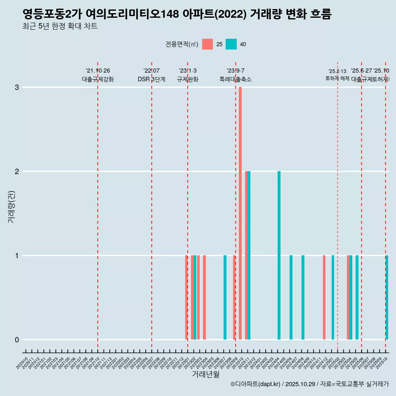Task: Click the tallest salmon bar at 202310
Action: coord(240,213)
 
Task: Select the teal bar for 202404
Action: coord(279,255)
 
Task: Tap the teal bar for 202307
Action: coord(225,297)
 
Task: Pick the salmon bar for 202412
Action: coord(324,297)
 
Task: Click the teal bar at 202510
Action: coord(387,297)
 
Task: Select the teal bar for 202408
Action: coord(303,297)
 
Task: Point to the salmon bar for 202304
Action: coord(204,297)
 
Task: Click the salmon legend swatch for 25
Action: coord(207,44)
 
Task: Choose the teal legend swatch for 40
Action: coord(231,44)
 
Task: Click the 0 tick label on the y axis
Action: coord(17,340)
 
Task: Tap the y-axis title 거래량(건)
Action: coord(12,206)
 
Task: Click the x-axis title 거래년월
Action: coord(205,374)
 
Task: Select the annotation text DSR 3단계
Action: coord(151,80)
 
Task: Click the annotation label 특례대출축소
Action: coord(235,80)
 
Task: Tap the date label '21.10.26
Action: coord(98,71)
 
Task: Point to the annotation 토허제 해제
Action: coord(337,78)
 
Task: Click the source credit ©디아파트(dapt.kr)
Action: coord(255,384)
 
